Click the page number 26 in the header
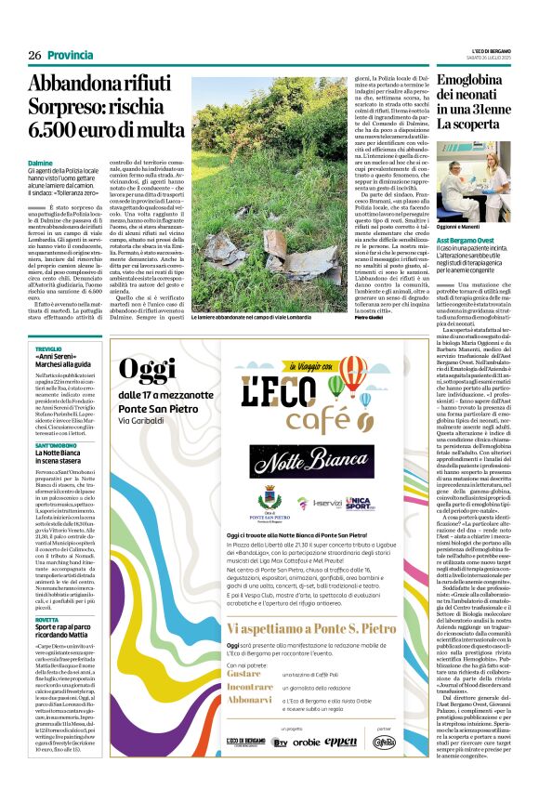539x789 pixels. click(34, 56)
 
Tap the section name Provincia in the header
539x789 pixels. click(70, 56)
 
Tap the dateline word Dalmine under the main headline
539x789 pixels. click(41, 164)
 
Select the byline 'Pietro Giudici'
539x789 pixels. click(373, 318)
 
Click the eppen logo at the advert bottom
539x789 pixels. click(342, 743)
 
